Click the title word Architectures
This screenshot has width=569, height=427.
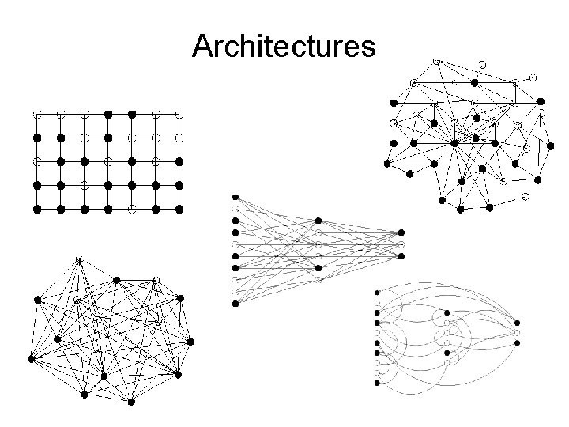click(284, 47)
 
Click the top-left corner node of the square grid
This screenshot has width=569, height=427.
click(36, 114)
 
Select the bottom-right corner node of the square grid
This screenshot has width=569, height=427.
click(179, 210)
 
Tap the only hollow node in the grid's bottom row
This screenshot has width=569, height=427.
click(132, 210)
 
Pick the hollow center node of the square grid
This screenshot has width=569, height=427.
click(108, 161)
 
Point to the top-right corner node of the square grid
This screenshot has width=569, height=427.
click(179, 114)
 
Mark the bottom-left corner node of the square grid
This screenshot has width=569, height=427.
click(36, 210)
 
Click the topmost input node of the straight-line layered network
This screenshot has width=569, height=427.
click(235, 197)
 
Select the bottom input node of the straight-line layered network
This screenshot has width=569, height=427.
click(235, 303)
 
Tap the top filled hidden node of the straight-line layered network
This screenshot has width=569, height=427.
click(318, 221)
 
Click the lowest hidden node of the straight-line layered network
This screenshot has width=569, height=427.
click(318, 279)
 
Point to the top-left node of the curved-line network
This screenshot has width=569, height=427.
click(378, 293)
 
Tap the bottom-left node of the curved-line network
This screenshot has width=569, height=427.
click(378, 382)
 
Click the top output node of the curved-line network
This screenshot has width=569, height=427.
click(518, 323)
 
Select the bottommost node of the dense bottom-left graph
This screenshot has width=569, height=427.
click(132, 402)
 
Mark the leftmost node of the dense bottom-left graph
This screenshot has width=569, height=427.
click(32, 358)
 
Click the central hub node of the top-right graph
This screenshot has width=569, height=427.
click(454, 143)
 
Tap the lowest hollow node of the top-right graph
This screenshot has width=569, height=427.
click(524, 195)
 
